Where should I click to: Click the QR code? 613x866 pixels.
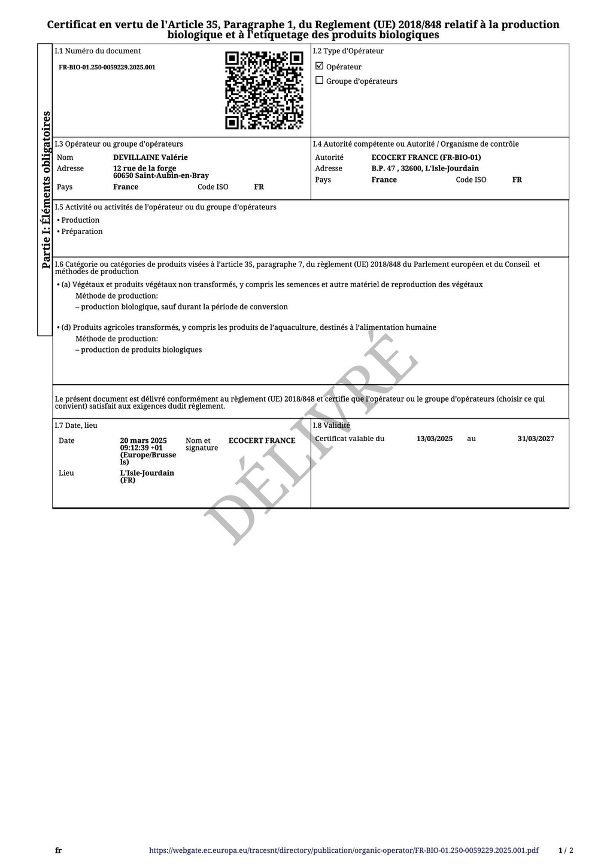pyautogui.click(x=264, y=90)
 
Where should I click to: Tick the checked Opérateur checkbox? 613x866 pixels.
pyautogui.click(x=319, y=66)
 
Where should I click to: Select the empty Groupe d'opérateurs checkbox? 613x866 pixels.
pyautogui.click(x=319, y=80)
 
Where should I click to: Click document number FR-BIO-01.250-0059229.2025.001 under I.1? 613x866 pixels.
pyautogui.click(x=107, y=68)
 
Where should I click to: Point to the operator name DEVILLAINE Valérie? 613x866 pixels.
pyautogui.click(x=150, y=157)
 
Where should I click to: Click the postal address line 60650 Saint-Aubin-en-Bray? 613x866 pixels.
pyautogui.click(x=161, y=176)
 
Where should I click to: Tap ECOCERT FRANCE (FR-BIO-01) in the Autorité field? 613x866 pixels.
pyautogui.click(x=426, y=157)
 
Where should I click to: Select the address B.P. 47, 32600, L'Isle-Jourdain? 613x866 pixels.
pyautogui.click(x=425, y=169)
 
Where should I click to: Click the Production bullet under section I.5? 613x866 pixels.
pyautogui.click(x=80, y=220)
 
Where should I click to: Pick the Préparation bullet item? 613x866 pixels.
pyautogui.click(x=81, y=232)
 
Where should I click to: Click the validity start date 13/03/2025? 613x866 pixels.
pyautogui.click(x=435, y=439)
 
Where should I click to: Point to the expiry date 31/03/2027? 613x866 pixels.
pyautogui.click(x=536, y=439)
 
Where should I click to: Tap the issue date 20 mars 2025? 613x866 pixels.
pyautogui.click(x=143, y=440)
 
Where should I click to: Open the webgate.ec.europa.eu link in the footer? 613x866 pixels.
pyautogui.click(x=344, y=850)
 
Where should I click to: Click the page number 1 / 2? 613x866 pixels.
pyautogui.click(x=566, y=850)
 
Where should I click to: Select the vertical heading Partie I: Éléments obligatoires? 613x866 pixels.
pyautogui.click(x=46, y=190)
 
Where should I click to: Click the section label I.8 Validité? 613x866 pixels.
pyautogui.click(x=332, y=426)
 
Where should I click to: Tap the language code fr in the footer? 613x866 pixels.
pyautogui.click(x=58, y=850)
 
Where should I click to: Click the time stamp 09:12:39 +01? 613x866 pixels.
pyautogui.click(x=141, y=448)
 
